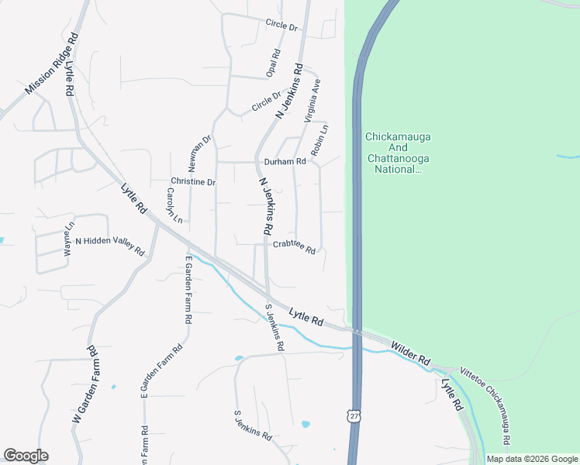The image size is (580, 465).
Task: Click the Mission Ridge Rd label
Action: point(52,64)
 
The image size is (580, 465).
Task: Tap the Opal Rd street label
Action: point(274,64)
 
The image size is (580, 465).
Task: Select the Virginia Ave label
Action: point(312,101)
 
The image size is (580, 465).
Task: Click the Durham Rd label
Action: point(285,162)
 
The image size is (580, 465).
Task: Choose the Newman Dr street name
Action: point(199,154)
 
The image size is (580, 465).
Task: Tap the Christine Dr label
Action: point(193,181)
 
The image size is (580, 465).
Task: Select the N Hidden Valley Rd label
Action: point(109,246)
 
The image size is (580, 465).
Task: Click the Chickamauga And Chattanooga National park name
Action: point(398,153)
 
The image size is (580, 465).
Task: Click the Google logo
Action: point(26,456)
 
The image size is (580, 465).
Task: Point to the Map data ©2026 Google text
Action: point(532,459)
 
